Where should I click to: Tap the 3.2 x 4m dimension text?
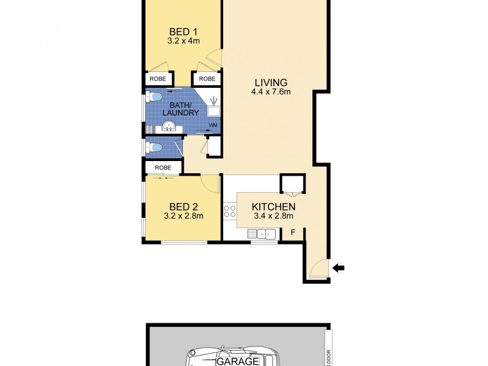(184, 41)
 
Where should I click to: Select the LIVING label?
(268, 83)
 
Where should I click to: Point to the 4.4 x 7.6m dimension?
(268, 93)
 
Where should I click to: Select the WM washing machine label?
(213, 126)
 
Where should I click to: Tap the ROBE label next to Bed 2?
(163, 167)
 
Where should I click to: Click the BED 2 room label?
(183, 206)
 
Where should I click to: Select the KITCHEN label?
(274, 207)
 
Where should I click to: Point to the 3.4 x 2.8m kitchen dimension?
(273, 216)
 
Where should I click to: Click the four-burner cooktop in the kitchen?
(230, 212)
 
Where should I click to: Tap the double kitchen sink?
(263, 232)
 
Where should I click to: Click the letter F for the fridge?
(293, 232)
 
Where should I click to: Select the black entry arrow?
(339, 267)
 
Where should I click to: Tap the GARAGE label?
(239, 361)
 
